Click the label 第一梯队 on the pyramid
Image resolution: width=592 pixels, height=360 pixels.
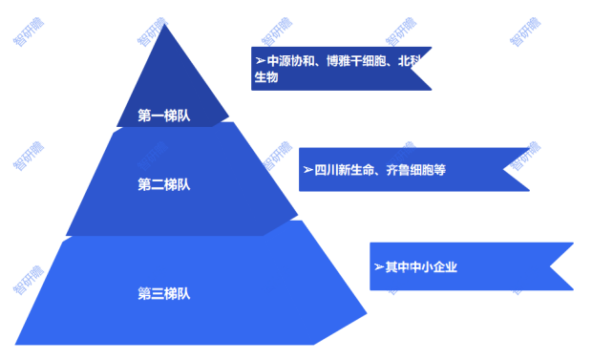point(164,116)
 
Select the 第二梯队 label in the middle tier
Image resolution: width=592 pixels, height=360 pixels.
point(164,184)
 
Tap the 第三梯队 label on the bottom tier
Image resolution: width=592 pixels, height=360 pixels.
point(164,293)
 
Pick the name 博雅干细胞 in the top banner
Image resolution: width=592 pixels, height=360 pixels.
point(355,61)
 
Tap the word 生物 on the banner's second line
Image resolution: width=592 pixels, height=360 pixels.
point(266,77)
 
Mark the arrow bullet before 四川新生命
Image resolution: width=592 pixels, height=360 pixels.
point(307,170)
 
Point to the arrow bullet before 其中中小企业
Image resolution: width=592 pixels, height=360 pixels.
point(379,266)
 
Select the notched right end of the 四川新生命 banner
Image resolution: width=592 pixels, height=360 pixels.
point(518,170)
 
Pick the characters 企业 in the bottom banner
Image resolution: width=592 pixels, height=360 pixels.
point(445,266)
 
